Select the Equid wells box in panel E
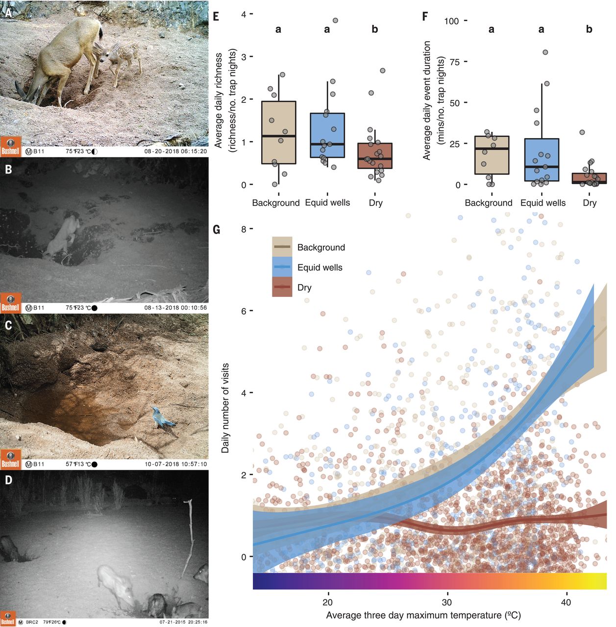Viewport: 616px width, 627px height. pyautogui.click(x=327, y=135)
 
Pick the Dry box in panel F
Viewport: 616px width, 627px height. pyautogui.click(x=590, y=178)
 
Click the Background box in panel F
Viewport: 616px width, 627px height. pyautogui.click(x=492, y=155)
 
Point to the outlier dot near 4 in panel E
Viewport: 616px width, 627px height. pyautogui.click(x=335, y=20)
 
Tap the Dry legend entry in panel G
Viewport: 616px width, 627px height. pyautogui.click(x=304, y=288)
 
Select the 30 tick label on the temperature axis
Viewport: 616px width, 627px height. pyautogui.click(x=447, y=602)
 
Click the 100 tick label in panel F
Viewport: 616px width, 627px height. pyautogui.click(x=451, y=21)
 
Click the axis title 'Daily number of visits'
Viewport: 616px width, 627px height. pyautogui.click(x=225, y=408)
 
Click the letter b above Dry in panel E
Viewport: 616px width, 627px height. pyautogui.click(x=375, y=29)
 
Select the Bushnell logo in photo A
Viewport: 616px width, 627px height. pyautogui.click(x=10, y=146)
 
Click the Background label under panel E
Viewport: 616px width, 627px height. pyautogui.click(x=276, y=203)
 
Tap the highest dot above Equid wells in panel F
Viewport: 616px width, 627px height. pyautogui.click(x=545, y=52)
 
